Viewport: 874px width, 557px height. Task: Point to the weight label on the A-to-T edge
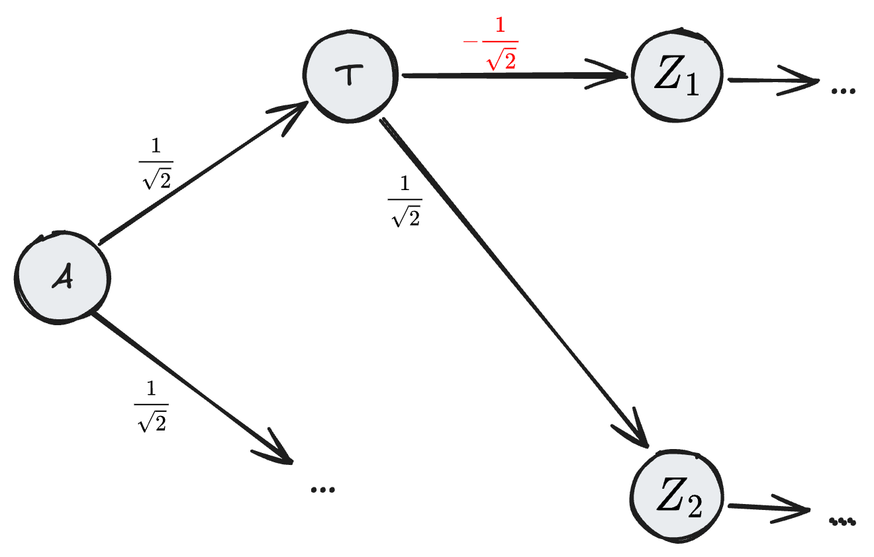click(x=156, y=165)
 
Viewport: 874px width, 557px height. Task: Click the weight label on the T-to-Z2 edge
click(x=405, y=203)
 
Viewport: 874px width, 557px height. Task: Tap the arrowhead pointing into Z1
click(x=612, y=76)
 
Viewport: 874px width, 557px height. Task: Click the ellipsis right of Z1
click(x=842, y=90)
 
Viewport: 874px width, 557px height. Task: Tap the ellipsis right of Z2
click(x=842, y=521)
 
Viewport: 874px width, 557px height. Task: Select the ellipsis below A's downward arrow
click(x=322, y=489)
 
